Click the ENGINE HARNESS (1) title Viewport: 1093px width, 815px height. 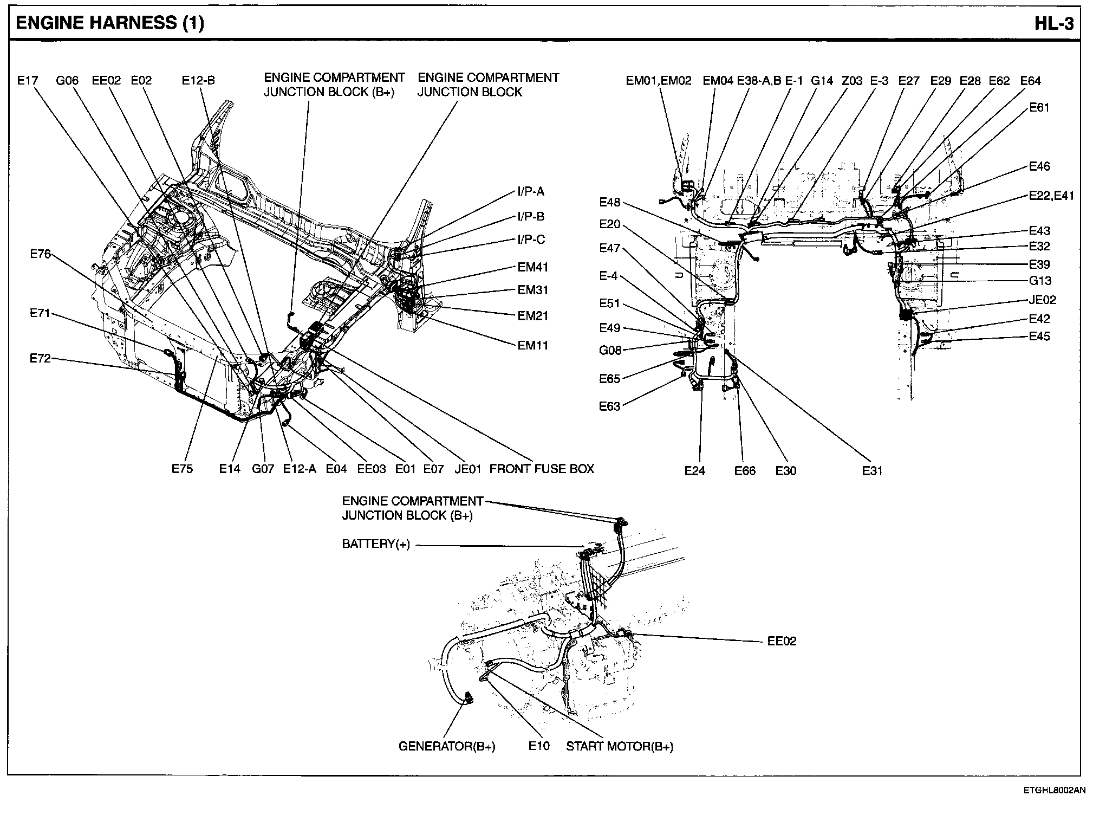110,23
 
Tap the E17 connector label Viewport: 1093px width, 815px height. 28,81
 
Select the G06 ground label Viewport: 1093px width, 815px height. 67,81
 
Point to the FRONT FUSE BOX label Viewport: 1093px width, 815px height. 542,469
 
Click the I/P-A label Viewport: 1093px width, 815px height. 531,191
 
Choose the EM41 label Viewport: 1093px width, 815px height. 533,267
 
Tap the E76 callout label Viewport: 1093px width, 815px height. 41,254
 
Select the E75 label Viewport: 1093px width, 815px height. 182,469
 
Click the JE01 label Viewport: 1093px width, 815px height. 468,469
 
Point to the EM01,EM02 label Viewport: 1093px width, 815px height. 659,81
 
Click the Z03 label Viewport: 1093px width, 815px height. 852,81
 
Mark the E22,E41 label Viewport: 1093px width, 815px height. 1051,196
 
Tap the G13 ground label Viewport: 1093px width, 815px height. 1040,281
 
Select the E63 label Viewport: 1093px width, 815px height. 609,406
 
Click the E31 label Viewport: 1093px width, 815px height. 872,471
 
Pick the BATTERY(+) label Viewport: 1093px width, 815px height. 376,544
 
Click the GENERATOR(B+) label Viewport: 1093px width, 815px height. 447,746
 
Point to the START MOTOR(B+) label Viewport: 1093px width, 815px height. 620,746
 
